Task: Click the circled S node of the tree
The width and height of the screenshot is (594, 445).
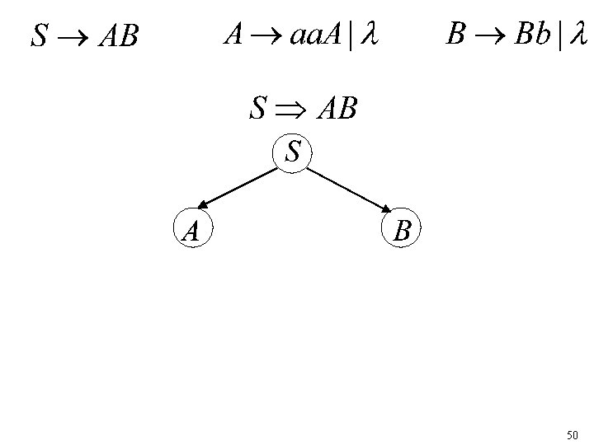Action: click(x=292, y=152)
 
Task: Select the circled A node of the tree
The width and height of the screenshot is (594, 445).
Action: click(x=191, y=229)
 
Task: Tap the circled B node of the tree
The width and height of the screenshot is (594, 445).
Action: click(x=402, y=230)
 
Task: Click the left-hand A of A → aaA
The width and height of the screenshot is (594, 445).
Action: click(x=233, y=35)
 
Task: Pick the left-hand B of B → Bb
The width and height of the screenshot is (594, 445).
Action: click(x=455, y=35)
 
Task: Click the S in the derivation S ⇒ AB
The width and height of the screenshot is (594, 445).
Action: click(x=259, y=108)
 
